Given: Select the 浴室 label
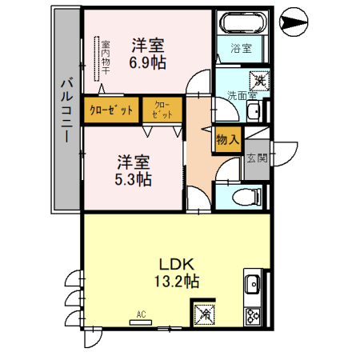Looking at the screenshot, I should [x=242, y=48].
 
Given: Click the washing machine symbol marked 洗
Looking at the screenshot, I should [x=259, y=80].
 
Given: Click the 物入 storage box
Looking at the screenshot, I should [x=227, y=138].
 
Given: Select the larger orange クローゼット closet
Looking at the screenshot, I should [x=112, y=110].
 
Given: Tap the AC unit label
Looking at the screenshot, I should [x=141, y=314].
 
